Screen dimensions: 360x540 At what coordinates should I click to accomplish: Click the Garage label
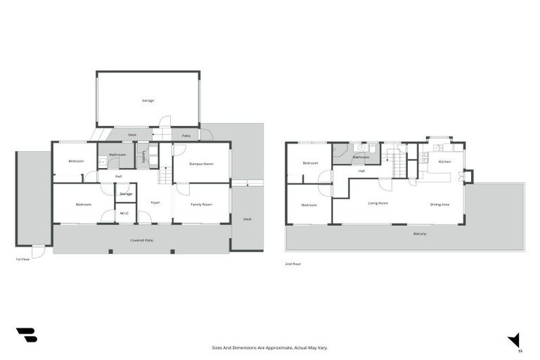148,101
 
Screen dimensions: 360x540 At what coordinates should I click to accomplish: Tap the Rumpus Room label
201,164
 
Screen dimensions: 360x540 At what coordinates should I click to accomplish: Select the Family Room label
201,205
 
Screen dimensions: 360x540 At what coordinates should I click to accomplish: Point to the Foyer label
155,203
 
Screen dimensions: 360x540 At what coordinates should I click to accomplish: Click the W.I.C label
124,213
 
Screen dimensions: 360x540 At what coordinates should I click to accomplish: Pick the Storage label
126,193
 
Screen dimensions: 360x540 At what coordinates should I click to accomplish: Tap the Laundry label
144,157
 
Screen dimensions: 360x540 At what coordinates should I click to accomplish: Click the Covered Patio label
142,240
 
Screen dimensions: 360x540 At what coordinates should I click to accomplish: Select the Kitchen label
444,162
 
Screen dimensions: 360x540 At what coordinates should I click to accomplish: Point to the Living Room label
378,203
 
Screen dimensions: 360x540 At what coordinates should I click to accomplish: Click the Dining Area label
440,204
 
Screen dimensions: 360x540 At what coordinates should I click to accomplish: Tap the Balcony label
420,233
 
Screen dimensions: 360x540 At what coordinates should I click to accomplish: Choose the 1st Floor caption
22,259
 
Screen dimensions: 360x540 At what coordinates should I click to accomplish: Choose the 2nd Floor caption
292,264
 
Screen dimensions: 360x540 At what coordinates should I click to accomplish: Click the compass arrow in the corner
515,340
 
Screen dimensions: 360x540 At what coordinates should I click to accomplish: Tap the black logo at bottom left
26,335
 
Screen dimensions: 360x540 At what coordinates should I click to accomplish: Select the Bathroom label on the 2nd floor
361,157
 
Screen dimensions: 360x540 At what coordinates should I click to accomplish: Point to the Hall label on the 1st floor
119,176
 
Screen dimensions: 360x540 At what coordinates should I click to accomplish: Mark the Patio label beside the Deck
186,136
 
